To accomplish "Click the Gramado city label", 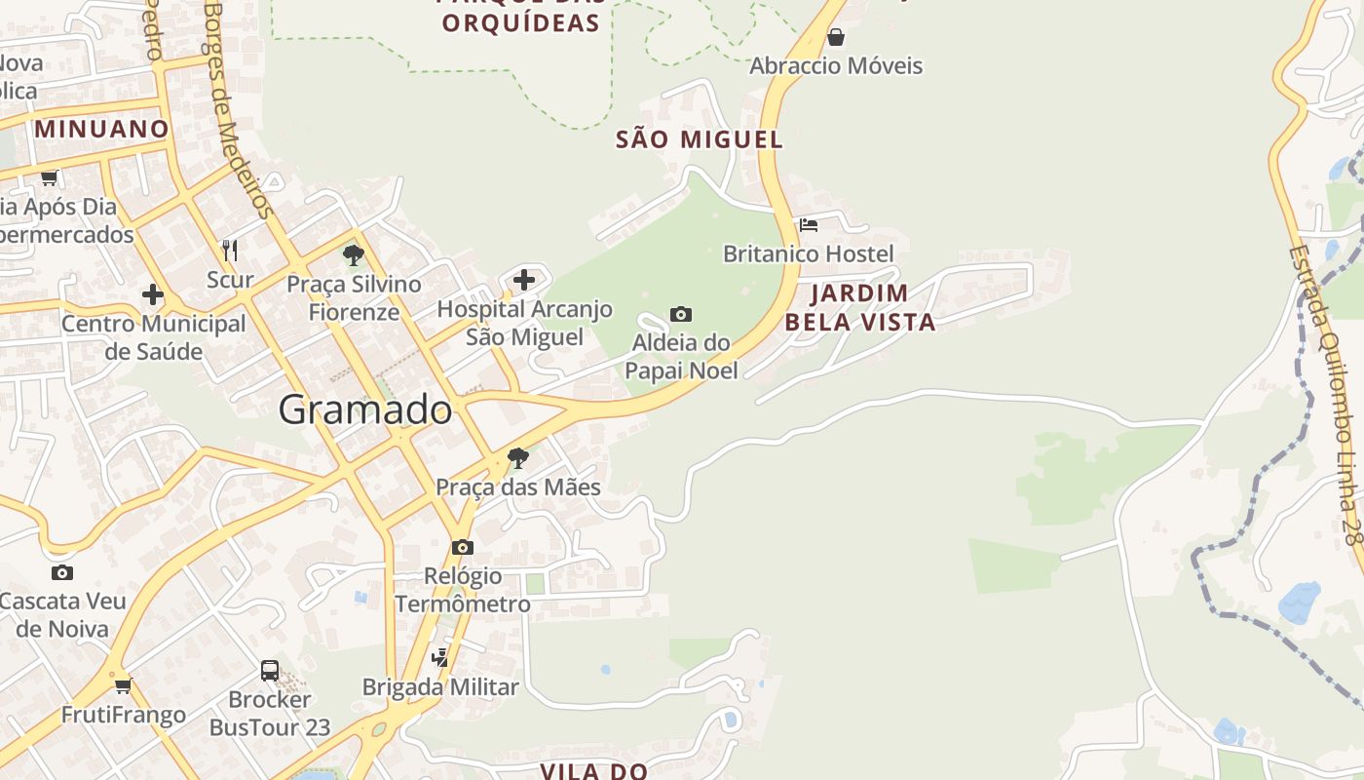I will click(x=365, y=409).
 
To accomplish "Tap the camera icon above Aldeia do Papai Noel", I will click(x=681, y=314).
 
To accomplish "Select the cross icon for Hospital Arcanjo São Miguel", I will click(x=524, y=280).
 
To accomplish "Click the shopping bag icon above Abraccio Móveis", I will click(x=835, y=38).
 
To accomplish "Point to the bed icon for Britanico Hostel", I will click(x=809, y=225).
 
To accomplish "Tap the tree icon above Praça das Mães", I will click(x=518, y=457).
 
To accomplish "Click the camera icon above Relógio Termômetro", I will click(x=463, y=547).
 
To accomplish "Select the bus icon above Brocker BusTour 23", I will click(x=270, y=671).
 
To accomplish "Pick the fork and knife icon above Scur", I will click(x=230, y=251).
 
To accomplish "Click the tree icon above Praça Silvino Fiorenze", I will click(x=354, y=255).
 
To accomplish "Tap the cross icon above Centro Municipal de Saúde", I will click(x=153, y=293).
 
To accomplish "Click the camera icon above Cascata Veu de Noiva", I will click(x=62, y=572).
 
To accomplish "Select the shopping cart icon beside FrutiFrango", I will click(x=123, y=685).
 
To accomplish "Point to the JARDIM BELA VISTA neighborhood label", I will click(x=860, y=307).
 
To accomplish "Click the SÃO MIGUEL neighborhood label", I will click(x=700, y=139).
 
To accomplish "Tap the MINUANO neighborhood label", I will click(x=101, y=129).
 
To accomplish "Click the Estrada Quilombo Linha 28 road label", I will click(x=1323, y=394).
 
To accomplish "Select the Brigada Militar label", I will click(x=440, y=687).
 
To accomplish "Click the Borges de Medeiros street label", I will click(x=237, y=107).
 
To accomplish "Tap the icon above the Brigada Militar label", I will click(x=440, y=657).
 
